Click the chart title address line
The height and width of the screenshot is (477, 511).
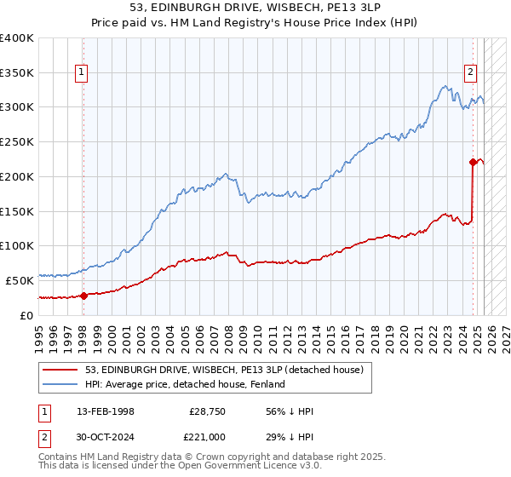[255, 9]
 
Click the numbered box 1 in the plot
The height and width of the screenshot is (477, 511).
[82, 73]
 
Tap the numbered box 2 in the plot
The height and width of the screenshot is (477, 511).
[470, 73]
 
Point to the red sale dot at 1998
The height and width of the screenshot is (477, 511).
[83, 296]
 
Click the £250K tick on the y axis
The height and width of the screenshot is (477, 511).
[17, 141]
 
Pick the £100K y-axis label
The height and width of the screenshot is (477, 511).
[17, 245]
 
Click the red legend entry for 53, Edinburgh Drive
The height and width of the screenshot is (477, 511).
[225, 369]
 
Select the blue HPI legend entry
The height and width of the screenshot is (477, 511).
[188, 384]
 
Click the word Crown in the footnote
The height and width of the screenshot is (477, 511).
[181, 458]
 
